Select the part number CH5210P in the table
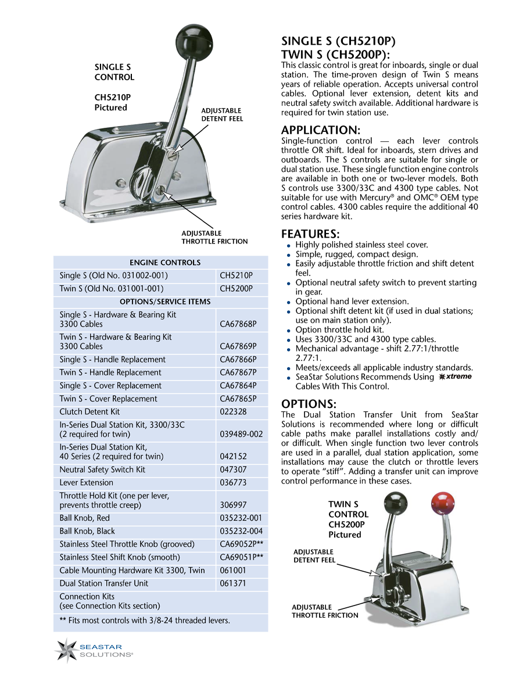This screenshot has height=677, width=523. tap(236, 275)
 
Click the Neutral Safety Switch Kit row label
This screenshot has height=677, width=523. tap(102, 470)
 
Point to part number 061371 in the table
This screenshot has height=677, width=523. tap(234, 583)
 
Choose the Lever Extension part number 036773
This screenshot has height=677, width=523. tap(234, 483)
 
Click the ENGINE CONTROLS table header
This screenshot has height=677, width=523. tap(165, 263)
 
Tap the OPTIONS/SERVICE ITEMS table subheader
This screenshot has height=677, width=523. tap(165, 302)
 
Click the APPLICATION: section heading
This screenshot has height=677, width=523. tap(321, 130)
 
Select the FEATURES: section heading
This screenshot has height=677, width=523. tap(310, 234)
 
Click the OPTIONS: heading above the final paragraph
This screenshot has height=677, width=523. tap(308, 404)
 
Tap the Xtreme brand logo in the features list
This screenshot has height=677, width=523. tap(455, 377)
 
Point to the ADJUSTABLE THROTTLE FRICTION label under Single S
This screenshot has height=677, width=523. tap(214, 237)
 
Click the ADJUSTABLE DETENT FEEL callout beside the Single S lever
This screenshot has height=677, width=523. tap(222, 114)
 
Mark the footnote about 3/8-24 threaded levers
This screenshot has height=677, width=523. tap(145, 620)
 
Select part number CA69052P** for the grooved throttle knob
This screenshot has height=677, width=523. tap(241, 545)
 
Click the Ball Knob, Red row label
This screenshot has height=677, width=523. tap(85, 518)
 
